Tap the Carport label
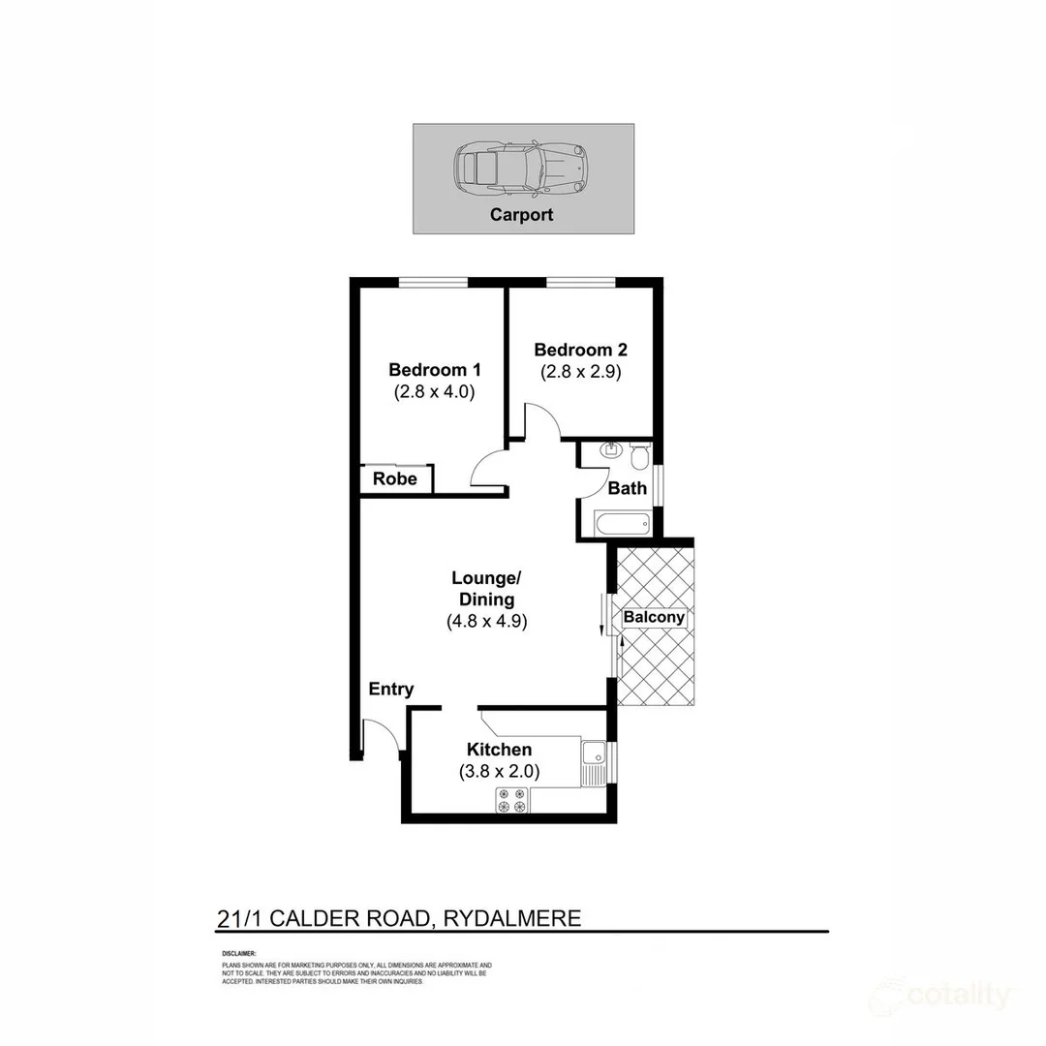pos(521,215)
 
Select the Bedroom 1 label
pos(435,370)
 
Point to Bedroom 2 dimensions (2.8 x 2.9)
pos(580,371)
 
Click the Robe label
pos(395,479)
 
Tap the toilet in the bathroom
pos(640,454)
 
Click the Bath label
pos(628,488)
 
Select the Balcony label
pos(654,617)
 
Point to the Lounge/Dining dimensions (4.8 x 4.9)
pos(486,623)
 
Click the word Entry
pos(391,690)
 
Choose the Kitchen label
pos(499,750)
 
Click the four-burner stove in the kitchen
pos(512,800)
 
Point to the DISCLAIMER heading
pos(239,954)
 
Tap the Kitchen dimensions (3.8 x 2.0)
pos(499,772)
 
